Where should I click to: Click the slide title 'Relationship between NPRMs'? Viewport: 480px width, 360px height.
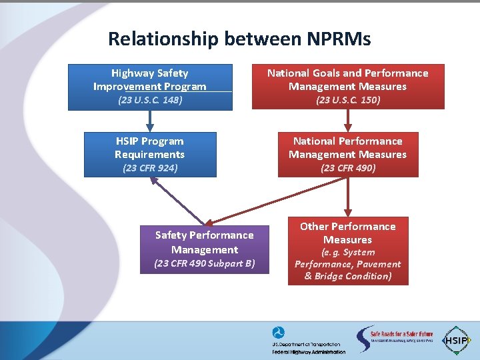239,39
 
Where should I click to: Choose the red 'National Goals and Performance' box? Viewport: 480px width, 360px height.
347,80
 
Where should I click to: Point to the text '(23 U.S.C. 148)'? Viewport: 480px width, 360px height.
150,100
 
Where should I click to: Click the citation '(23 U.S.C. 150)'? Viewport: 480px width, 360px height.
347,100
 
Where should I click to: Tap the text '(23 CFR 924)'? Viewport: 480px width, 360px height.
150,168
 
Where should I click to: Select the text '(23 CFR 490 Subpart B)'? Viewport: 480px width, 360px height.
205,263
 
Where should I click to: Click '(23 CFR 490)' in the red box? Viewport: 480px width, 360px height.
347,168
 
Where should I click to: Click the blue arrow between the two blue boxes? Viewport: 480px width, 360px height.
150,121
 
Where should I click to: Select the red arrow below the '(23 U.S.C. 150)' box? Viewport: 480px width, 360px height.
347,121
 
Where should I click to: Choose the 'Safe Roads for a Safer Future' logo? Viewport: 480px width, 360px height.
394,339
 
